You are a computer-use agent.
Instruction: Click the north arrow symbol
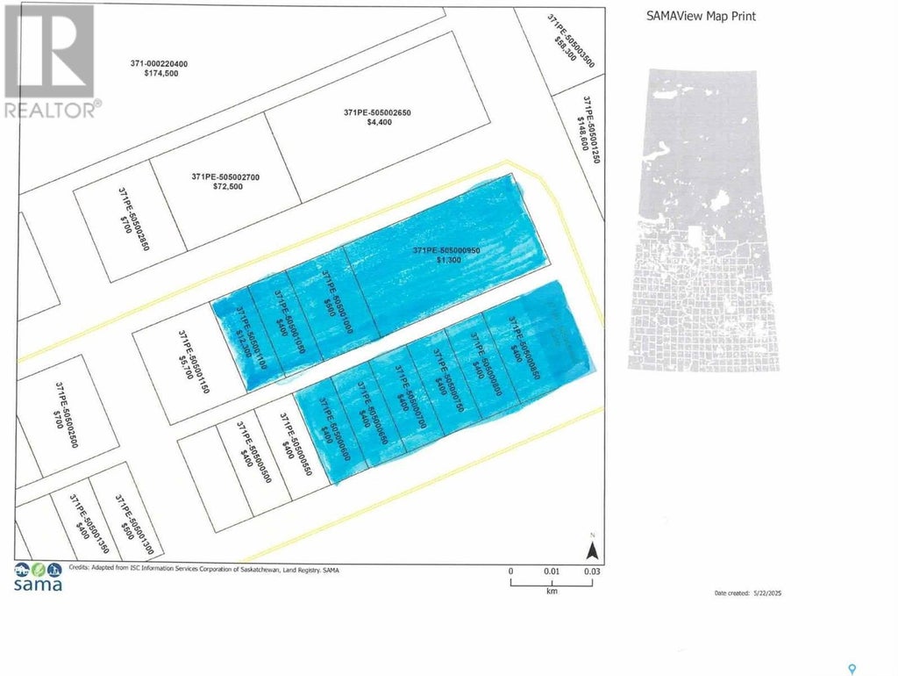tap(592, 550)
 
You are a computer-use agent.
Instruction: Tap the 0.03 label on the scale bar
tap(592, 572)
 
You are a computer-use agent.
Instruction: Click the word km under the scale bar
tap(552, 592)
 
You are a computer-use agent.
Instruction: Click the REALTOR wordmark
tap(51, 110)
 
